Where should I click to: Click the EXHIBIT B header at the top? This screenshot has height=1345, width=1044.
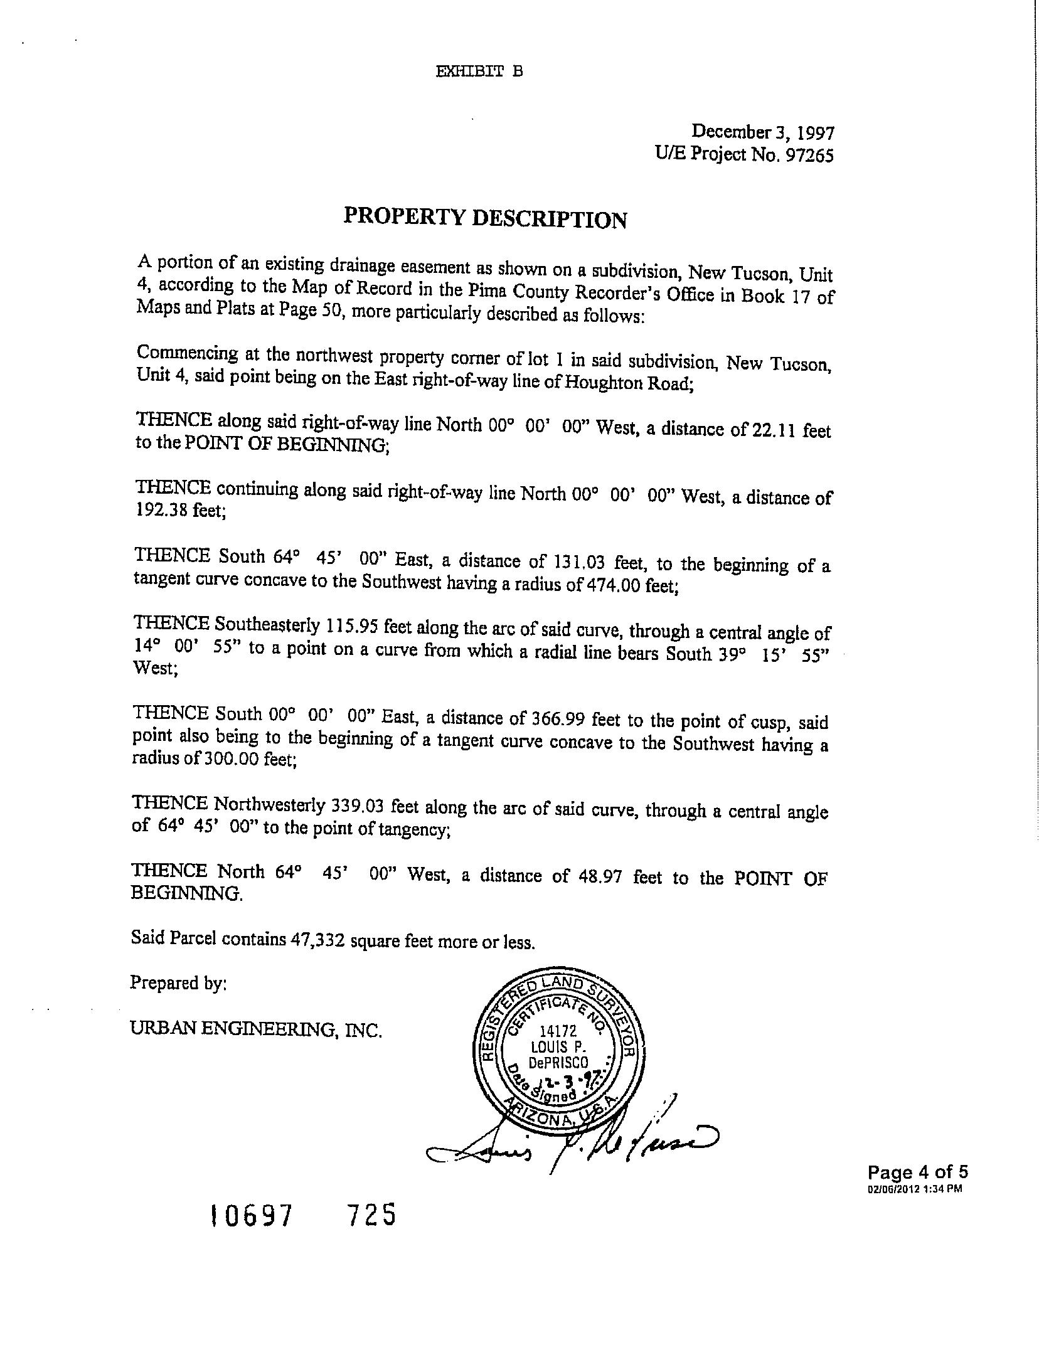[x=479, y=72]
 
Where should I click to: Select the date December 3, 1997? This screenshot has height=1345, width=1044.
[x=762, y=132]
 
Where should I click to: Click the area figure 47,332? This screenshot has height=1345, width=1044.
[x=318, y=940]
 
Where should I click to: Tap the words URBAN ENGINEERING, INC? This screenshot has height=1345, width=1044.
[x=256, y=1029]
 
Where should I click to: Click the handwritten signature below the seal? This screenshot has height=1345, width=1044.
[x=571, y=1144]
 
